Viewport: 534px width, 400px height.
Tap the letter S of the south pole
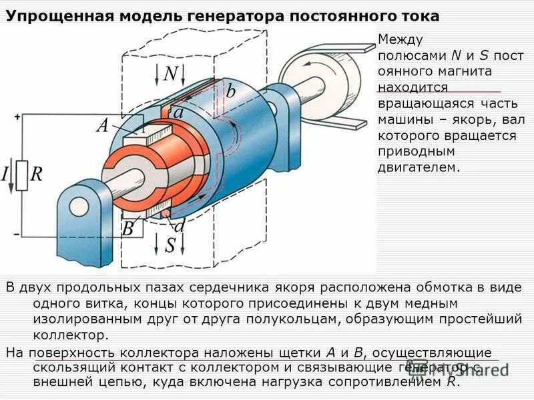click(170, 245)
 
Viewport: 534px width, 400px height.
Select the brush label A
click(102, 125)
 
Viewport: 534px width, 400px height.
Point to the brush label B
click(127, 229)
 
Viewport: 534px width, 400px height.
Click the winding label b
click(230, 92)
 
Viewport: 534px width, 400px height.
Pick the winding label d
click(179, 226)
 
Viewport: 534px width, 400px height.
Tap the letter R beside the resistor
click(37, 175)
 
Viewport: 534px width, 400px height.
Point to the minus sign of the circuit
click(17, 234)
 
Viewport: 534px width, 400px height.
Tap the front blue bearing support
click(83, 220)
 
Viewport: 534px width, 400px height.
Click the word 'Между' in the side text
click(400, 41)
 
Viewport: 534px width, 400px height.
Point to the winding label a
click(178, 114)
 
